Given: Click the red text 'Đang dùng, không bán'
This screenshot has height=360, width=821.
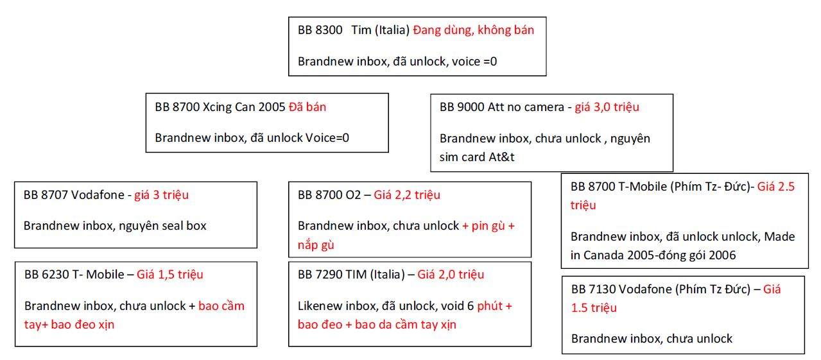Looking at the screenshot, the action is click(x=473, y=30).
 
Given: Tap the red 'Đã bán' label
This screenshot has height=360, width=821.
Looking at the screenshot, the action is click(x=307, y=107).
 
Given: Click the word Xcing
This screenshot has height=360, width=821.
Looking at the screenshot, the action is click(x=217, y=107).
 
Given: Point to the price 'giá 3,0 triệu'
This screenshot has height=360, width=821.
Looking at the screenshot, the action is click(x=607, y=107).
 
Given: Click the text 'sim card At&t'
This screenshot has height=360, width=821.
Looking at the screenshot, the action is click(x=477, y=157).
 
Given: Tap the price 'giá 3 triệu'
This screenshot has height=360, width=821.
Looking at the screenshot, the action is click(x=161, y=195).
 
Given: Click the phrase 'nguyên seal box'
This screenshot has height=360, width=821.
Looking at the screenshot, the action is click(x=162, y=226).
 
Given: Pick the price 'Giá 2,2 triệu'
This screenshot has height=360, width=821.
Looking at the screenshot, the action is click(x=407, y=195).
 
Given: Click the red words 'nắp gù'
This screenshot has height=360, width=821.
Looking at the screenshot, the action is click(x=316, y=244).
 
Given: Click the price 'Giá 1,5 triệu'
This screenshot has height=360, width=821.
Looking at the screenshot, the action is click(x=169, y=275).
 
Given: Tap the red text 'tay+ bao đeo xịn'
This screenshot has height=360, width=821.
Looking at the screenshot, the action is click(x=69, y=325).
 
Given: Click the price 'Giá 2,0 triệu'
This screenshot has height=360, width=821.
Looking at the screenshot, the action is click(x=451, y=275).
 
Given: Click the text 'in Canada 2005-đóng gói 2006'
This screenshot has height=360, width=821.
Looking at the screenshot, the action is click(x=653, y=255).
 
